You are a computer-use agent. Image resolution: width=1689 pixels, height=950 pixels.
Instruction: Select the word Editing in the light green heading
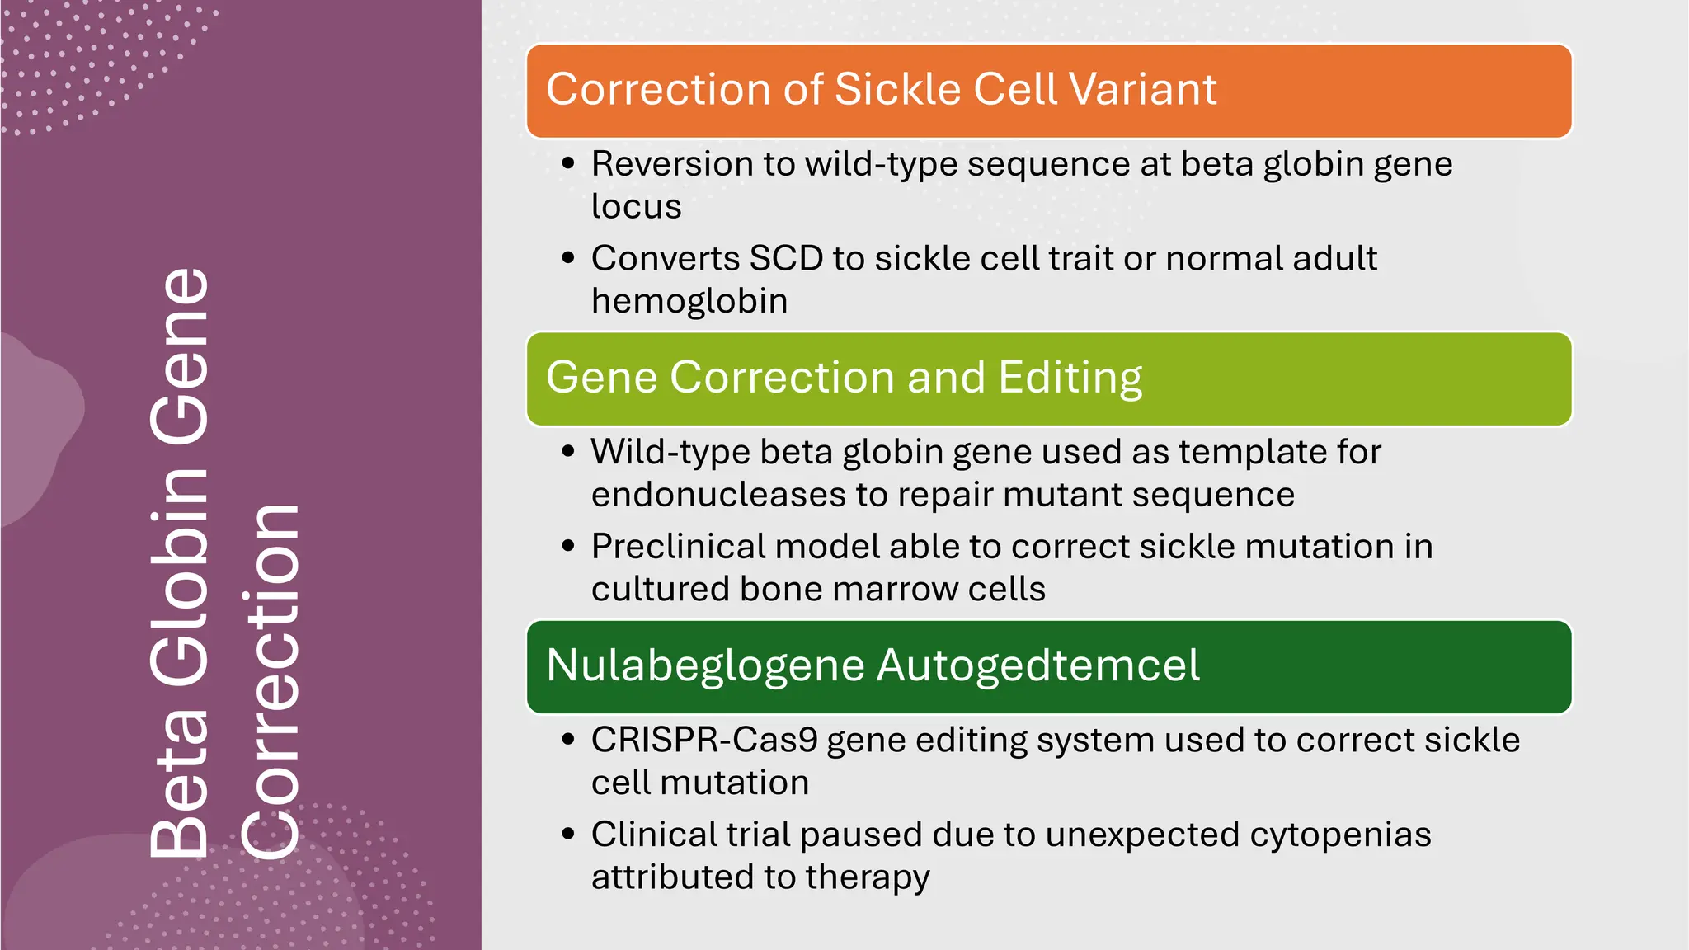click(1070, 378)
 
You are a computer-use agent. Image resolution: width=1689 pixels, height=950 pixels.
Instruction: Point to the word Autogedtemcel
click(1037, 665)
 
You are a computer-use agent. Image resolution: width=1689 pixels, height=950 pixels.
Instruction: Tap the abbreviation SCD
click(786, 259)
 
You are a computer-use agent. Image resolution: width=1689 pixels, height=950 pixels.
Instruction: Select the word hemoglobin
click(689, 301)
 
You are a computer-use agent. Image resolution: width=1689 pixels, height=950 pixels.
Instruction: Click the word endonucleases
click(718, 495)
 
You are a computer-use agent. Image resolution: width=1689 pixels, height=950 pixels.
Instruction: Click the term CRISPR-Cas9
click(704, 740)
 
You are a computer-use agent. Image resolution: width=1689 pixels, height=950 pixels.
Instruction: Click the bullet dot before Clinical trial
click(567, 835)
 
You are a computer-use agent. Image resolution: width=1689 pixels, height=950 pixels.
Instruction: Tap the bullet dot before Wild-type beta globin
click(567, 452)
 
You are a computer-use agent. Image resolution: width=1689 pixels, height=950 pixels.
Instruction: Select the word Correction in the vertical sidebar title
click(271, 680)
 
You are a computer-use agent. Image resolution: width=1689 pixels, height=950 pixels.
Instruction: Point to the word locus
click(636, 206)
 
